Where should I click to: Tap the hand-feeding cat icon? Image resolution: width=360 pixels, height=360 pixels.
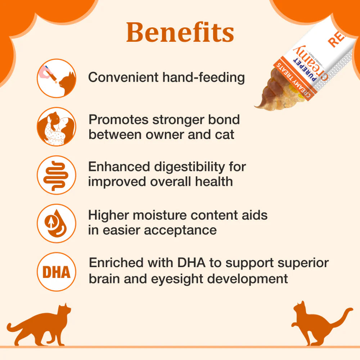57,78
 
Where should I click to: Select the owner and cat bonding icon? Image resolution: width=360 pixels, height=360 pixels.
57,126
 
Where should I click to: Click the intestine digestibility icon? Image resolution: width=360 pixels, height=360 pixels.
57,175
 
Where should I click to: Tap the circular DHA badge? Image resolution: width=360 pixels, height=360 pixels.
57,272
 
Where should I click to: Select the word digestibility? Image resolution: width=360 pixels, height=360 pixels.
185,167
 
